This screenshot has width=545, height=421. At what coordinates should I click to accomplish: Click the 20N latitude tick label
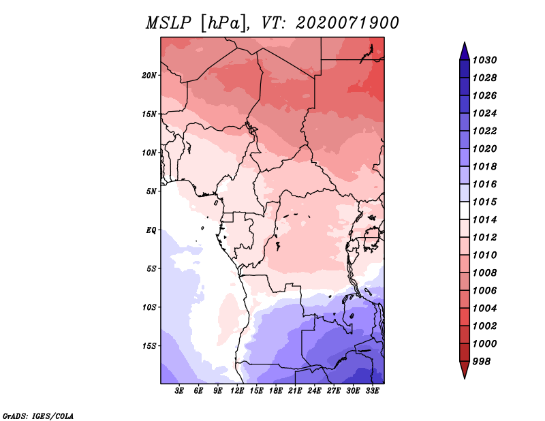(149, 76)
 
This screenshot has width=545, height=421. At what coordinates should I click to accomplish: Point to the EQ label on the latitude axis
(151, 230)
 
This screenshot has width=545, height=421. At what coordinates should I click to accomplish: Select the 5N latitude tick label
(151, 191)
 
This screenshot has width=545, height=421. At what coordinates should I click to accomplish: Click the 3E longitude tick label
(179, 391)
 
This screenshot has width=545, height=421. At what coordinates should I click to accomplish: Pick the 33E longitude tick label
(372, 391)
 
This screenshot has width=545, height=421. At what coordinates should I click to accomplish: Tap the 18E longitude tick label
(276, 391)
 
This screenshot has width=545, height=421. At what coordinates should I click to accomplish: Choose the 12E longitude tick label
(237, 391)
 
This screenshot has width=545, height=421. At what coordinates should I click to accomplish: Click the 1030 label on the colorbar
(484, 60)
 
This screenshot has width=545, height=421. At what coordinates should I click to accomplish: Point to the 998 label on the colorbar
(482, 362)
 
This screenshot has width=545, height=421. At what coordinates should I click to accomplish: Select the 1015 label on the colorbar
(484, 202)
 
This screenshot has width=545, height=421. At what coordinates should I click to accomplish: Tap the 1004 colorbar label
(484, 309)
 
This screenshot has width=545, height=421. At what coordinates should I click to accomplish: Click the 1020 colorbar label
(484, 149)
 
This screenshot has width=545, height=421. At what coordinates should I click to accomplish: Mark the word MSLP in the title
(168, 23)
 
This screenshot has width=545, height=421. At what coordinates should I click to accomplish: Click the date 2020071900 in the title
(347, 23)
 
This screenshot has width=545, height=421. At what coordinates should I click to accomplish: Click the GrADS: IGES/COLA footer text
(38, 416)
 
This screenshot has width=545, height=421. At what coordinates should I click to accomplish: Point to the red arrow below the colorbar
(465, 369)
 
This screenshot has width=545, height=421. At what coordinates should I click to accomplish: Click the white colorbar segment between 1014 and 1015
(465, 210)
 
